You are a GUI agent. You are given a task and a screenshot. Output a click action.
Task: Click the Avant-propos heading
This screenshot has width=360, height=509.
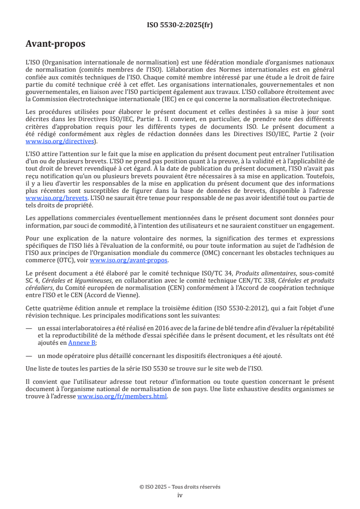55,44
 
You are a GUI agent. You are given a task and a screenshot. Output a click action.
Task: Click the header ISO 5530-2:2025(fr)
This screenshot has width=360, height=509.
180,25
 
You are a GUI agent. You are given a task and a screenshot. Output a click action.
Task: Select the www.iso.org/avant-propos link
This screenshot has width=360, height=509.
129,260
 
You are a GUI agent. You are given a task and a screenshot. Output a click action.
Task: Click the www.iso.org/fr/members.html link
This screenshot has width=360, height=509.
123,396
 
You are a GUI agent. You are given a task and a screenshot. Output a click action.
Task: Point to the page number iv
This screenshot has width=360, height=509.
180,495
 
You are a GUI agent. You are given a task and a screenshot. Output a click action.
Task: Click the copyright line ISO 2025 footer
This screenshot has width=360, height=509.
180,487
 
